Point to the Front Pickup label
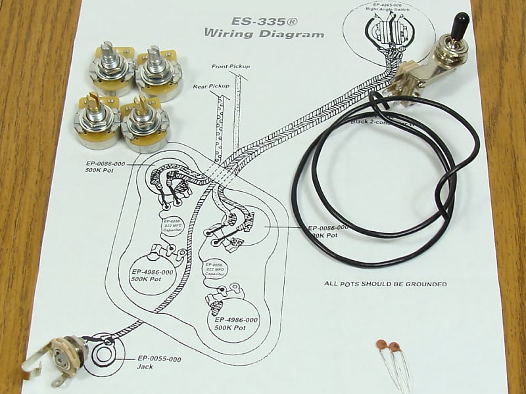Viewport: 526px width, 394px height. pyautogui.click(x=230, y=67)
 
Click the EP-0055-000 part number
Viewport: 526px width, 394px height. pyautogui.click(x=159, y=359)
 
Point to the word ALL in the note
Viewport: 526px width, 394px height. pyautogui.click(x=332, y=284)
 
